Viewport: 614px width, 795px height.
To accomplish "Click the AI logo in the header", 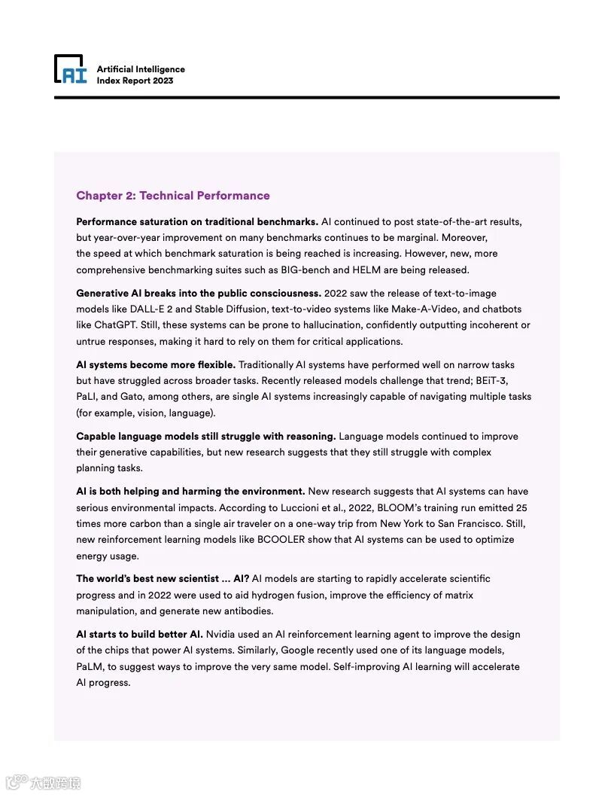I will (x=71, y=69).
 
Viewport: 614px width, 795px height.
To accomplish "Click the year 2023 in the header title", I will (x=163, y=81).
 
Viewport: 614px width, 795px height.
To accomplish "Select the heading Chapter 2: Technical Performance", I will (x=172, y=196).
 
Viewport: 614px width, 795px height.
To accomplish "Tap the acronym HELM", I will (x=365, y=270).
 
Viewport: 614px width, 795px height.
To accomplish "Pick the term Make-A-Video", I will (x=424, y=309).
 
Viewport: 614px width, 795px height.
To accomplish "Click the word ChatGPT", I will (x=115, y=325).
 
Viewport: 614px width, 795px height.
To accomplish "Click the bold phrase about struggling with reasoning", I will (x=205, y=437).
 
